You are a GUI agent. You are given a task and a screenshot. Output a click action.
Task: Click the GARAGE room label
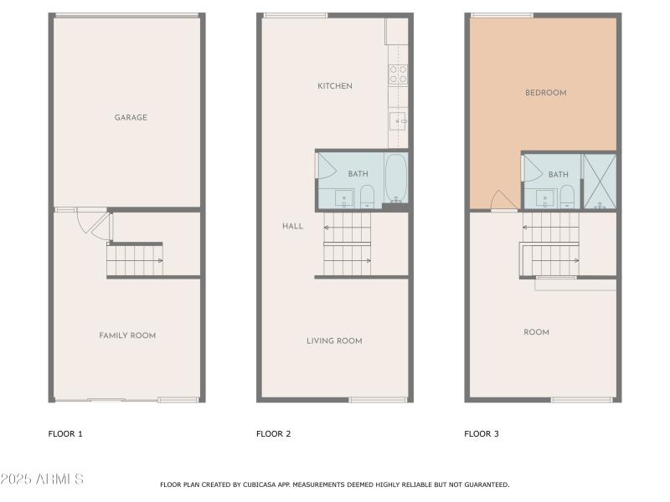[131, 118]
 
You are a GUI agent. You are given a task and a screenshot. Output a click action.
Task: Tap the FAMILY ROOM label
[127, 336]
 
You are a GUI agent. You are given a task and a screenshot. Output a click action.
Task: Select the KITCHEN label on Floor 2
[334, 86]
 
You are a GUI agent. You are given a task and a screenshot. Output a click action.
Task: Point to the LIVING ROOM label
[333, 341]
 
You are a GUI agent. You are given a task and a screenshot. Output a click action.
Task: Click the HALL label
[292, 226]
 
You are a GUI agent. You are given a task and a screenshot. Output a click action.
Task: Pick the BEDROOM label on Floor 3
[545, 93]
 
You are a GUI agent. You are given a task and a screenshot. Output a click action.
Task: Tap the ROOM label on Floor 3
[536, 332]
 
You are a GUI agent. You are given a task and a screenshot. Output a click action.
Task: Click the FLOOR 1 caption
[65, 433]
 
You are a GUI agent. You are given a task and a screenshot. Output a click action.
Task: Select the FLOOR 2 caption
[273, 433]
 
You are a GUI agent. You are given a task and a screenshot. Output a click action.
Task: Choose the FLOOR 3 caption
[482, 433]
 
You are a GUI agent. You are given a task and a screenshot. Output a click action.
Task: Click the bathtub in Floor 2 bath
[395, 177]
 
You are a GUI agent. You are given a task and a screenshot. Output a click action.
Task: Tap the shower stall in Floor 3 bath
[599, 181]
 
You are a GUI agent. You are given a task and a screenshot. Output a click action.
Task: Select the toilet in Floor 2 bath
[367, 197]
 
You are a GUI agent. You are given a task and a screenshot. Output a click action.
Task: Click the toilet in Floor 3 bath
[566, 198]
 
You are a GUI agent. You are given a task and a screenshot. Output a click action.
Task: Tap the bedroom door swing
[502, 201]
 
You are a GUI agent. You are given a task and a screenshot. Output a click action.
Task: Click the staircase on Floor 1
[134, 260]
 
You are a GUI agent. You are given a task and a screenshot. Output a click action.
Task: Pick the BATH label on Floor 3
[558, 175]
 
